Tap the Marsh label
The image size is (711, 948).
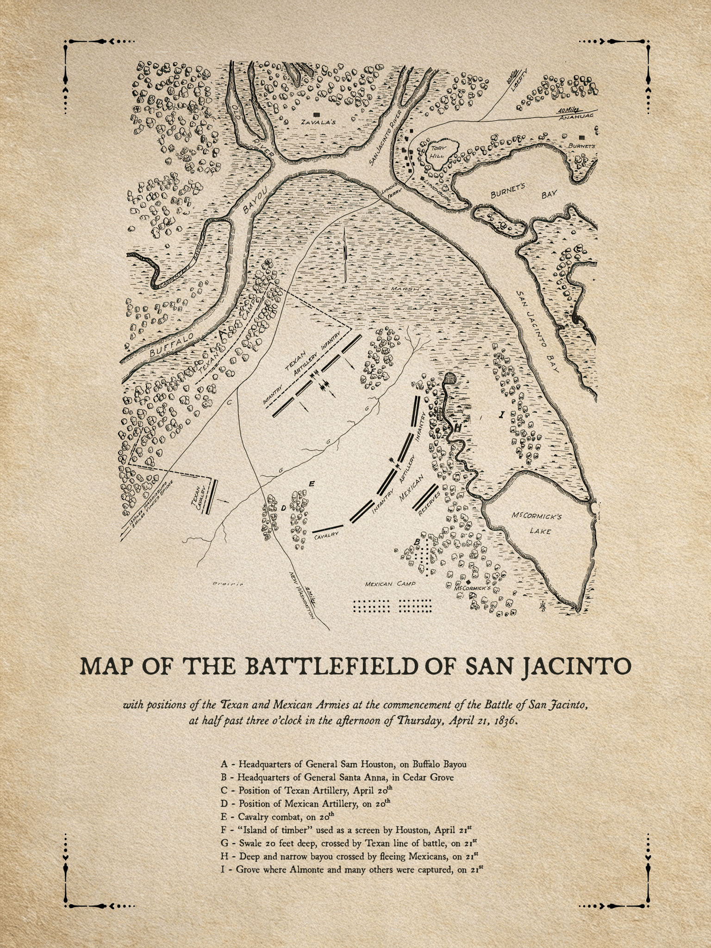tap(405, 289)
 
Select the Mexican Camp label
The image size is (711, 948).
tap(390, 584)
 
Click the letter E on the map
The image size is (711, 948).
tap(312, 484)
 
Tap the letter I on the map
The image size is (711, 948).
tap(501, 414)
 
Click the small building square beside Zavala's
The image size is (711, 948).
tap(317, 113)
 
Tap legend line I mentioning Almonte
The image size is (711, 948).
tap(352, 869)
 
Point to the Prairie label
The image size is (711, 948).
tap(227, 584)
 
